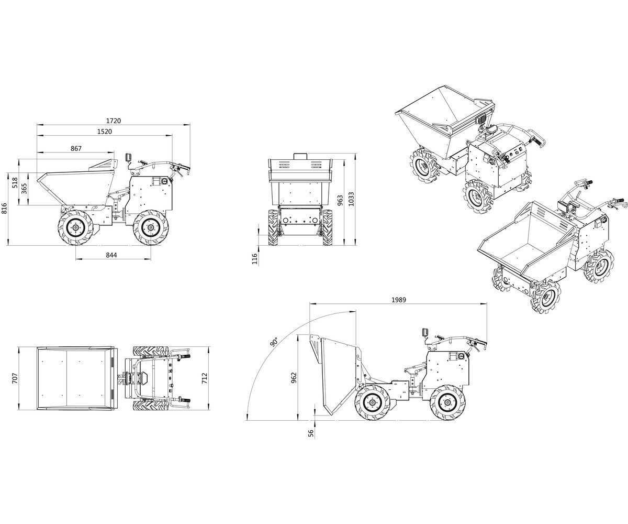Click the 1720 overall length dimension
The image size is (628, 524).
[x=114, y=121]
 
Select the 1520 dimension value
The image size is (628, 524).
[x=104, y=132]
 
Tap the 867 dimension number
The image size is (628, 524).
[x=76, y=148]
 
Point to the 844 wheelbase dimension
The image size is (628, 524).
[x=111, y=255]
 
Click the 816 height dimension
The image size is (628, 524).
[x=5, y=209]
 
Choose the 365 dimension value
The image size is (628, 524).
[x=25, y=189]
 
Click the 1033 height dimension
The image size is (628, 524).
[x=351, y=199]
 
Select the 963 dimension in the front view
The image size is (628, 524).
[x=340, y=201]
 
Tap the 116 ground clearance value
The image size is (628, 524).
[x=255, y=259]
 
